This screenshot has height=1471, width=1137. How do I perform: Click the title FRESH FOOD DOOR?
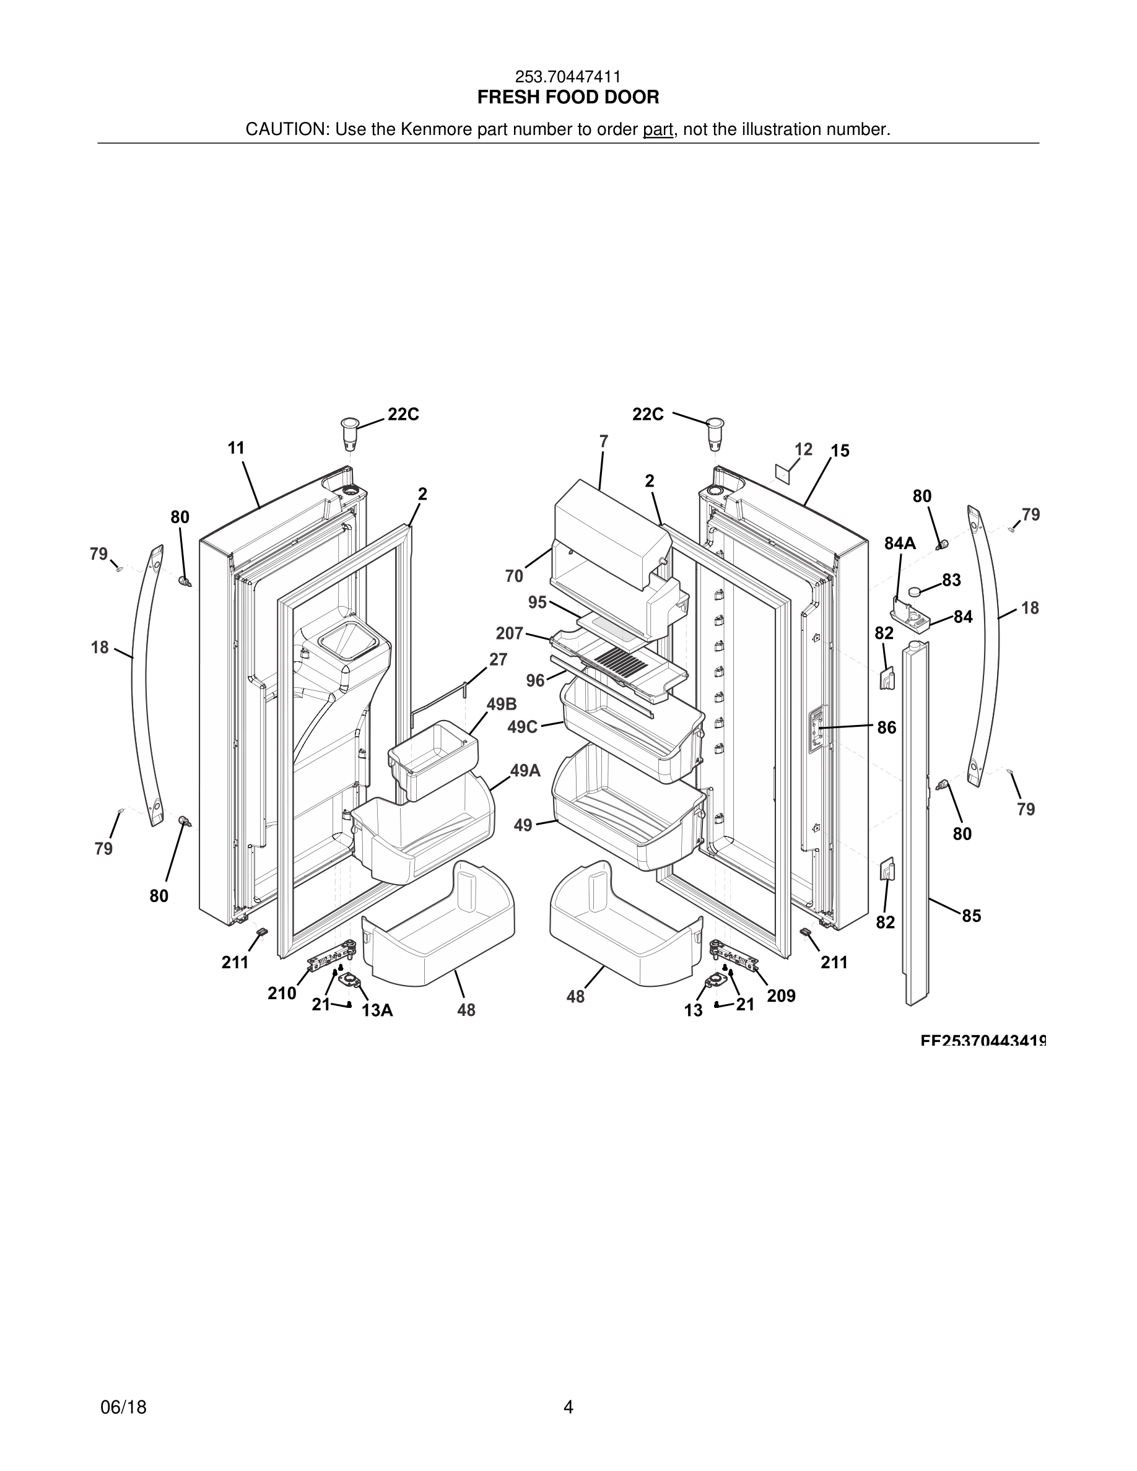click(x=568, y=98)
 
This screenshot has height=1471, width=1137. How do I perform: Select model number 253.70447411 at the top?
click(x=568, y=77)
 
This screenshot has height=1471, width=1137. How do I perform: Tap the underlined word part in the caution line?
click(x=658, y=129)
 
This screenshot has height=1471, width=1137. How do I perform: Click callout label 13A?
click(x=377, y=1010)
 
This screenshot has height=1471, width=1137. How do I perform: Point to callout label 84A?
click(x=900, y=544)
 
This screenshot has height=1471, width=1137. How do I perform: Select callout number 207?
click(x=509, y=633)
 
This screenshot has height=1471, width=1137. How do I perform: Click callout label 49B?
click(x=502, y=705)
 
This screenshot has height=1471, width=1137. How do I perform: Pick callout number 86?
click(x=886, y=727)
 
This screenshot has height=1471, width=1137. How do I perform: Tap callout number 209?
click(x=781, y=996)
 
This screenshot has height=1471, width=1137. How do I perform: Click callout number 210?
click(x=282, y=994)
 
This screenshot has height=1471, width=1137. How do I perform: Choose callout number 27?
click(x=498, y=659)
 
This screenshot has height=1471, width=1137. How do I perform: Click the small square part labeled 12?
click(x=782, y=472)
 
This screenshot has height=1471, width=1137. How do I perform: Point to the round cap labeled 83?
click(x=915, y=591)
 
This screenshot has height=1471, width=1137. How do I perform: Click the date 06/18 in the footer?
click(x=123, y=1407)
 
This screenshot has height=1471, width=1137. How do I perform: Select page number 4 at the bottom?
click(x=568, y=1407)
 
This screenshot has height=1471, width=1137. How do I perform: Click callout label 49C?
click(x=522, y=727)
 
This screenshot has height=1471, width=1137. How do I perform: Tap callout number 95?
click(x=538, y=602)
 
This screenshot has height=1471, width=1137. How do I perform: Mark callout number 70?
click(x=514, y=576)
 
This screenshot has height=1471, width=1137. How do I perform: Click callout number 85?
click(x=970, y=916)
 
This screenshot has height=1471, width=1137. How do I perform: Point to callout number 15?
click(x=840, y=451)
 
